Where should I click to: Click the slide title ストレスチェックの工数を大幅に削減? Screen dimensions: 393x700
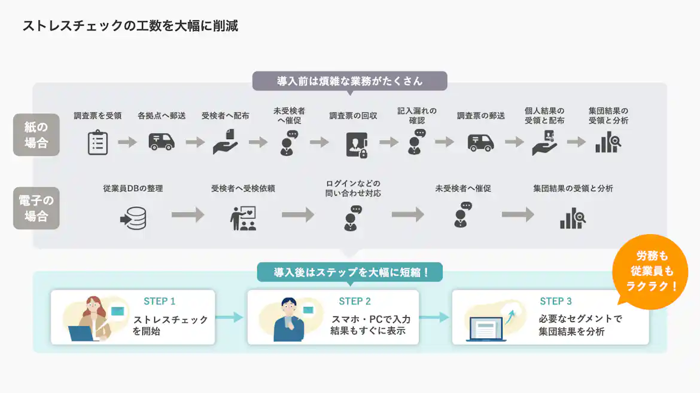tap(130, 26)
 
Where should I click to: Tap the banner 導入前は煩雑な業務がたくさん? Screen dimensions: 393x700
tap(349, 81)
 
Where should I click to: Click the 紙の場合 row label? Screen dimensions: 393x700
tap(36, 135)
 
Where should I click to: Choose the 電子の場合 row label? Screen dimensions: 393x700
tap(36, 208)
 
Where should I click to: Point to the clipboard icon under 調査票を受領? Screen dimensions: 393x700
tap(98, 143)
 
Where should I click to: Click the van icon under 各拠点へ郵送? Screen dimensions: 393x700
tap(162, 142)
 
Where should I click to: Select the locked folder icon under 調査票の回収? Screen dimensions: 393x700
tap(357, 145)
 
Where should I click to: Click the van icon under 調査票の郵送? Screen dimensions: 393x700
tap(480, 142)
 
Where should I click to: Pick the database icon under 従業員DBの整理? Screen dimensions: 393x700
tap(133, 219)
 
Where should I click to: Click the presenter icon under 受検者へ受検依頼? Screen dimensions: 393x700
tap(243, 219)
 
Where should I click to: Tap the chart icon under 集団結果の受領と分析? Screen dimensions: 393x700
tap(573, 219)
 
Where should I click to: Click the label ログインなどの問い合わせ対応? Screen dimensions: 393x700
tap(353, 188)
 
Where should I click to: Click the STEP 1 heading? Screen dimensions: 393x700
tap(159, 302)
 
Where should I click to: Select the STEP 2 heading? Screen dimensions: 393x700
tap(355, 302)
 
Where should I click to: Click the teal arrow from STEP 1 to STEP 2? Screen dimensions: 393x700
tap(230, 317)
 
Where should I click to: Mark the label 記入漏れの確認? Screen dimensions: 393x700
tap(417, 116)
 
